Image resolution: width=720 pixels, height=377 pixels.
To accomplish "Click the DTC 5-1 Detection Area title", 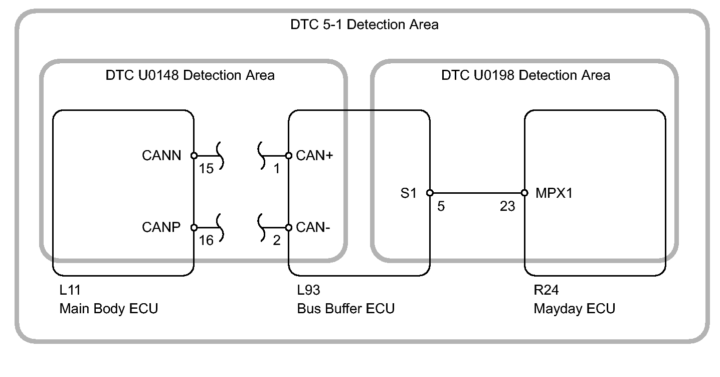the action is point(364,25).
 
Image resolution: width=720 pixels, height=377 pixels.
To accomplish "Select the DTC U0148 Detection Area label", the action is point(190,75).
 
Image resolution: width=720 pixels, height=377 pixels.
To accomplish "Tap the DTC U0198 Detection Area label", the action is point(525,75).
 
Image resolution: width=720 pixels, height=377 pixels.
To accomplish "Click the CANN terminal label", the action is point(161,156).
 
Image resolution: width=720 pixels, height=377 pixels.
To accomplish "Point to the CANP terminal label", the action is point(161,227).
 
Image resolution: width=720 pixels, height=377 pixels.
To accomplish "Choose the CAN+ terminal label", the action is point(314,156).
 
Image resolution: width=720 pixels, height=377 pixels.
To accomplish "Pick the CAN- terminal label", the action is point(313,227).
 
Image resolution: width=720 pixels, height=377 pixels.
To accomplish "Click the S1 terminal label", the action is point(408,193).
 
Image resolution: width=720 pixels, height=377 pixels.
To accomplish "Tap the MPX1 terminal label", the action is point(554,193).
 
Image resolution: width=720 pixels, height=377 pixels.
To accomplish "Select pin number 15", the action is point(206,169).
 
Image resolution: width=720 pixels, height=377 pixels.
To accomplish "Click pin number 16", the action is point(206,240).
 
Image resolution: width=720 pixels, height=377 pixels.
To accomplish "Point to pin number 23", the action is point(507,206).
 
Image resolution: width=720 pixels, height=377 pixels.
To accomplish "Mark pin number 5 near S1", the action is point(441,206).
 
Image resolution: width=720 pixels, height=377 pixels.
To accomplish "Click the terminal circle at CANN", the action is point(194,156).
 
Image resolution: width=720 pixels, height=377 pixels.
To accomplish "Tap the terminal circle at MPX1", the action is point(524,193).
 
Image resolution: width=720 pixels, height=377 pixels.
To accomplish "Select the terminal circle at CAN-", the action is point(289,227).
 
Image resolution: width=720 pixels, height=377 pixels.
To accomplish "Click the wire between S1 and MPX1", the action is point(477,193).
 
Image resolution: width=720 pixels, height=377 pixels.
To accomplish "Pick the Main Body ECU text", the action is point(109,308).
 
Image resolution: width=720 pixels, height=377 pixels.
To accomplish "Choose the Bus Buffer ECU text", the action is point(345,308).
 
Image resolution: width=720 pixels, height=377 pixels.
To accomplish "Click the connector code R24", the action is point(546,290).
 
